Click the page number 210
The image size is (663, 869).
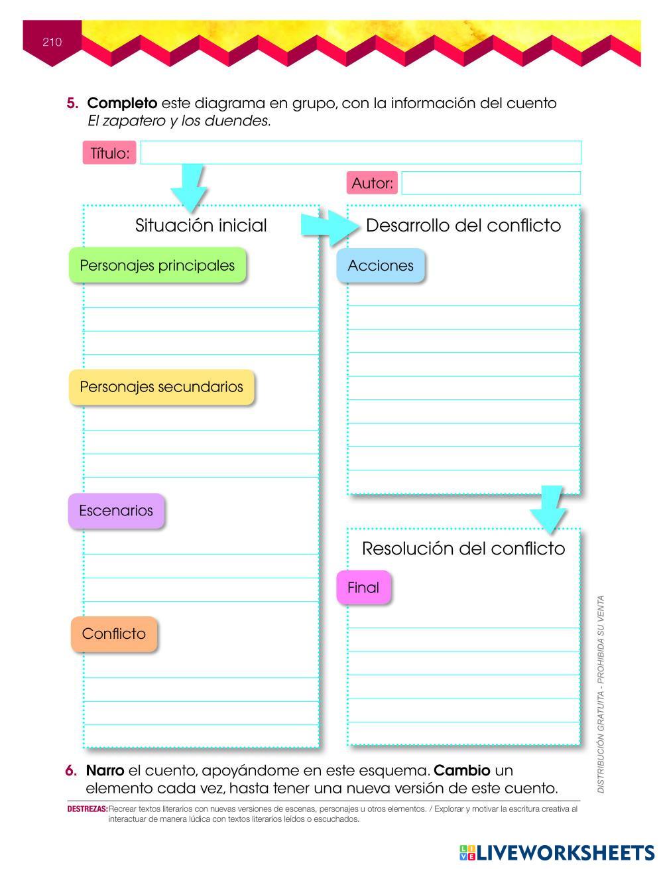point(52,42)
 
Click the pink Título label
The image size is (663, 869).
point(109,153)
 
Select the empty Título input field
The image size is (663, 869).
point(360,153)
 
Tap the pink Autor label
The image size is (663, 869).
point(372,182)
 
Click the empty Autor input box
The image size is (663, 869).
point(491,183)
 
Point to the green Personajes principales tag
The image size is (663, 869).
point(157,265)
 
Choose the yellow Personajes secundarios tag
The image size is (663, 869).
point(161,387)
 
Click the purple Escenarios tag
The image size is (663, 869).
point(116,511)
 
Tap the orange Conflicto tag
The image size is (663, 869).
point(114,634)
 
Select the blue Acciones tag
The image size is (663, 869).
point(381,265)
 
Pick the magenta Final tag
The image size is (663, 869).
point(363,587)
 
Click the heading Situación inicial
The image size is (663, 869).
point(201,226)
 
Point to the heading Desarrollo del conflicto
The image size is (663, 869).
point(463,226)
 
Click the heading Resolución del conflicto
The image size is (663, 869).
point(463,549)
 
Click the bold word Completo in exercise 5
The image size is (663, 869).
point(122,103)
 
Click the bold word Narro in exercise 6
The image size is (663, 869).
point(105,771)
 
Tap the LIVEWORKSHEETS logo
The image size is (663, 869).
point(556,852)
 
